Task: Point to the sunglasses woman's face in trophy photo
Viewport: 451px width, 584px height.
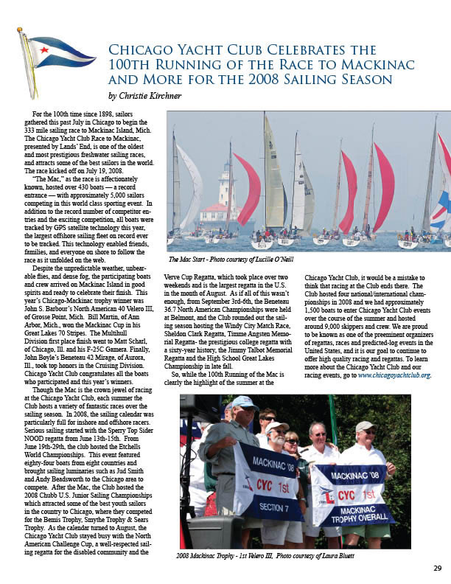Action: pos(292,441)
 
